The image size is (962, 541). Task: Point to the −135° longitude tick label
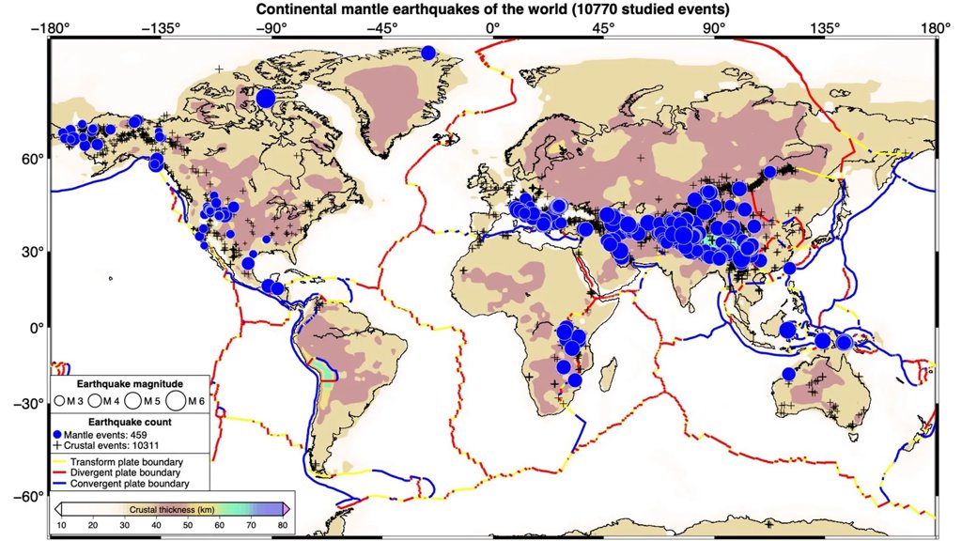(160, 28)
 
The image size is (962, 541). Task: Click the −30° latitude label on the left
(30, 404)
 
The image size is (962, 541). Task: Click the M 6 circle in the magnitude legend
(176, 401)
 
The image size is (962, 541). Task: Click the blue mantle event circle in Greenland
(428, 54)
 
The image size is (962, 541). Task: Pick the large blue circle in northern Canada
(266, 97)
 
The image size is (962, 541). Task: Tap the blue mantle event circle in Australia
(789, 374)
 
